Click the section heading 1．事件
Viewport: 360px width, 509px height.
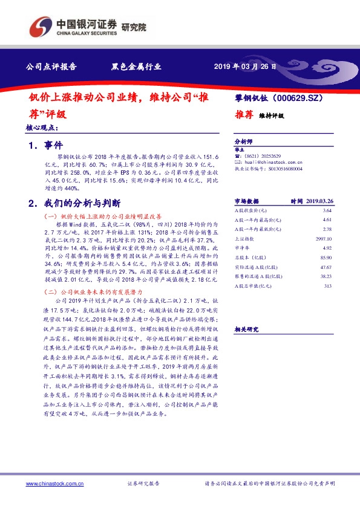tap(46, 146)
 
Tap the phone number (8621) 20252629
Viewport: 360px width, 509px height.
tap(263, 155)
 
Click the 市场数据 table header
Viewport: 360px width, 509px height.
tap(246, 201)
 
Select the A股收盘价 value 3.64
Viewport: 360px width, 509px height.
tap(327, 209)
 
